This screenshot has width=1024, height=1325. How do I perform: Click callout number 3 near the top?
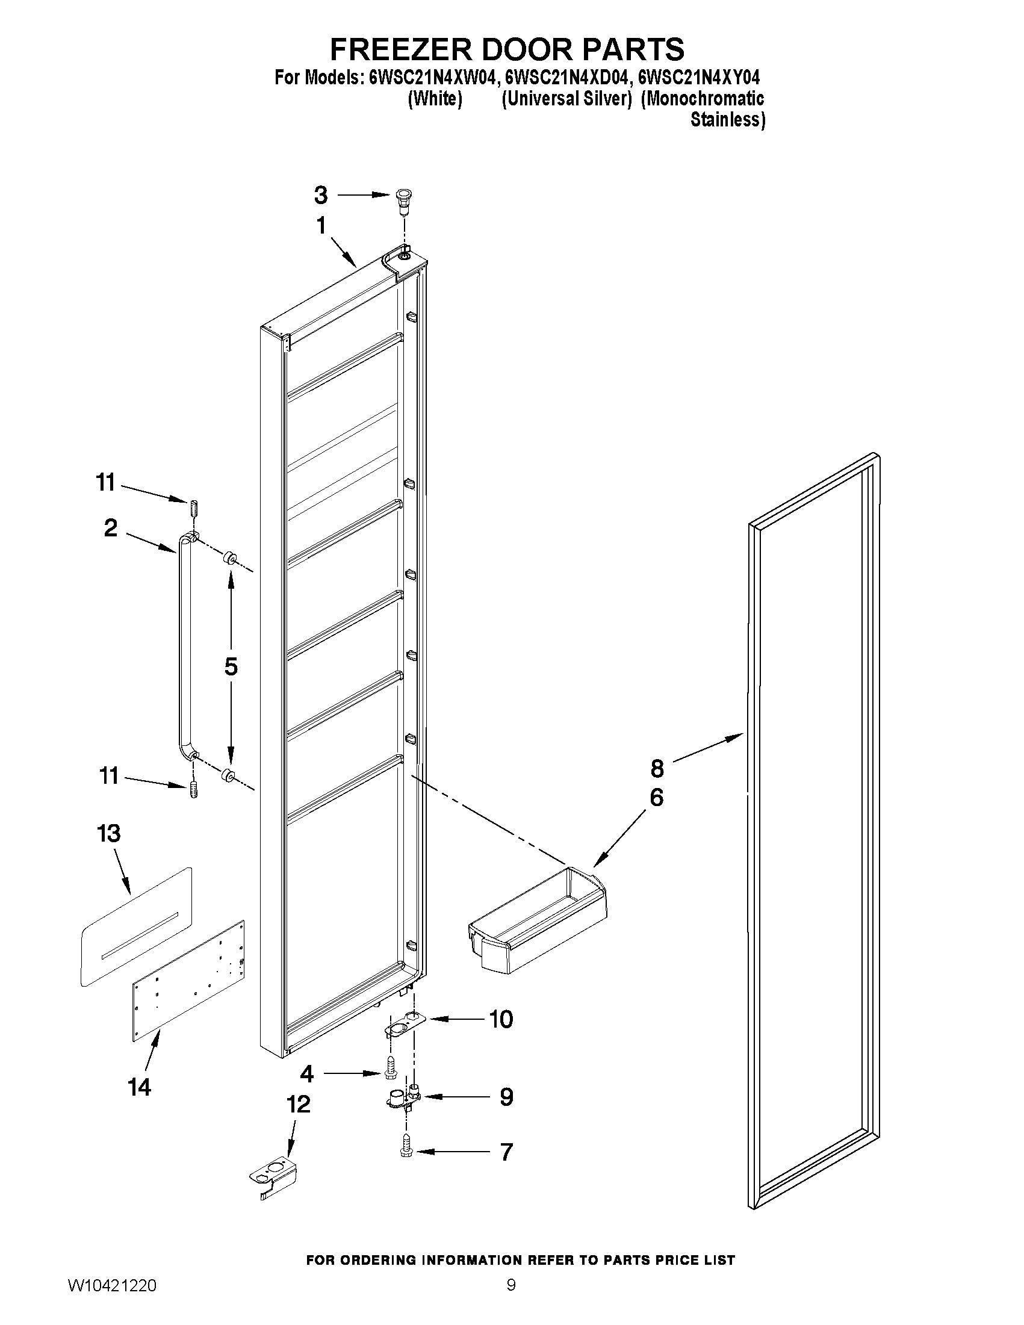coord(321,196)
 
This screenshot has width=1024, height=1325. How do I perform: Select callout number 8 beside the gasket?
coord(657,769)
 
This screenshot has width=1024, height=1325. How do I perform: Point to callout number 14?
coord(140,1087)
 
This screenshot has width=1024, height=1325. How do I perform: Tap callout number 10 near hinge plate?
coord(501,1020)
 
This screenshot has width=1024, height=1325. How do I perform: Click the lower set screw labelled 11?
coord(193,789)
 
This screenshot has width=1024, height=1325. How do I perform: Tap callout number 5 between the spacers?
coord(231,666)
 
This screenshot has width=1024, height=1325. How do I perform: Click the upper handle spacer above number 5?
coord(230,557)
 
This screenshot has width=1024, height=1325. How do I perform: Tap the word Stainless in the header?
coord(727,120)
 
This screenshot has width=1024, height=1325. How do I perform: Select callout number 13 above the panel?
coord(109,834)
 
